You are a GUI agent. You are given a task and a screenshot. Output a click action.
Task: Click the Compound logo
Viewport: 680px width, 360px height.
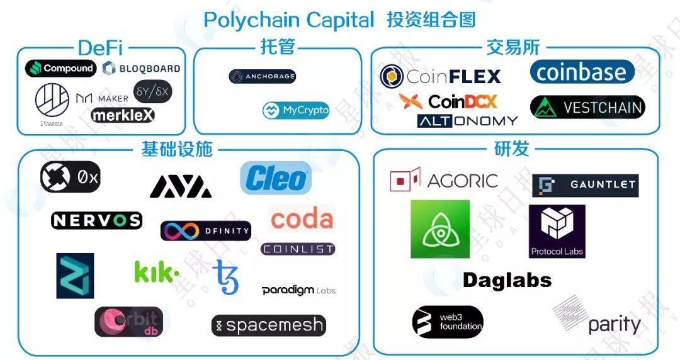(60, 69)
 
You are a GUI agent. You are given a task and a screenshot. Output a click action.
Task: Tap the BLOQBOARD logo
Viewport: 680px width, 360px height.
(142, 69)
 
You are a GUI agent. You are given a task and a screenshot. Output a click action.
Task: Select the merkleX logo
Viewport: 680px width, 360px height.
(123, 115)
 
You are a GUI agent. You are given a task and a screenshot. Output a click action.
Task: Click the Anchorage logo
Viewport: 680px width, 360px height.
(262, 77)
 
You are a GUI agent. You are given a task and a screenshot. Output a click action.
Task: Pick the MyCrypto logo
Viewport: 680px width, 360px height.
(296, 111)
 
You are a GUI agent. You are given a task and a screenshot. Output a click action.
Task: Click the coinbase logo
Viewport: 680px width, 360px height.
(582, 72)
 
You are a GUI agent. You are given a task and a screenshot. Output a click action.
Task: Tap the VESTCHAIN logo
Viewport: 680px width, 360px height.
(587, 108)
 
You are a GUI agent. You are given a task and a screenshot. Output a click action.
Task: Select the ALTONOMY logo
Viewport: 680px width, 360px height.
(467, 121)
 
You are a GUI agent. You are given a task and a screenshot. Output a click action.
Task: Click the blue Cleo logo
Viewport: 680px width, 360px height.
(276, 178)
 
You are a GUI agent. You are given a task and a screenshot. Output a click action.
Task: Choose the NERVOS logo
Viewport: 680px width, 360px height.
(96, 220)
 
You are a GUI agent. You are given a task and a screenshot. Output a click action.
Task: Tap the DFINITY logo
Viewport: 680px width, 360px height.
(206, 231)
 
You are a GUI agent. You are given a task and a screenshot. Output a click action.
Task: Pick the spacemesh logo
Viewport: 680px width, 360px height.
(269, 325)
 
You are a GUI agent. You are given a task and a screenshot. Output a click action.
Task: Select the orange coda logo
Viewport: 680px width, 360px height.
(302, 219)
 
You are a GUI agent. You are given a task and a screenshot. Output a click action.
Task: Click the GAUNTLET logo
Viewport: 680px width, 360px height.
(586, 186)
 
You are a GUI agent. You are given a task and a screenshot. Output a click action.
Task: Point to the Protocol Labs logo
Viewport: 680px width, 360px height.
(557, 231)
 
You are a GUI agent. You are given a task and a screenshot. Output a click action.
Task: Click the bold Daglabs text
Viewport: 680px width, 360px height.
(507, 280)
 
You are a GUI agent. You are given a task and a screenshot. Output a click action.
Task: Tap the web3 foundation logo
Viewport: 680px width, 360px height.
(448, 322)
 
